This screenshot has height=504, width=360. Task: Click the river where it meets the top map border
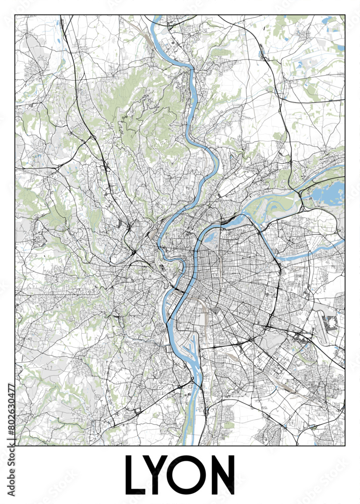click(156, 17)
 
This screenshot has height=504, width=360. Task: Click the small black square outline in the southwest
click(138, 410)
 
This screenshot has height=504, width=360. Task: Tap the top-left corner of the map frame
click(16, 15)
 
